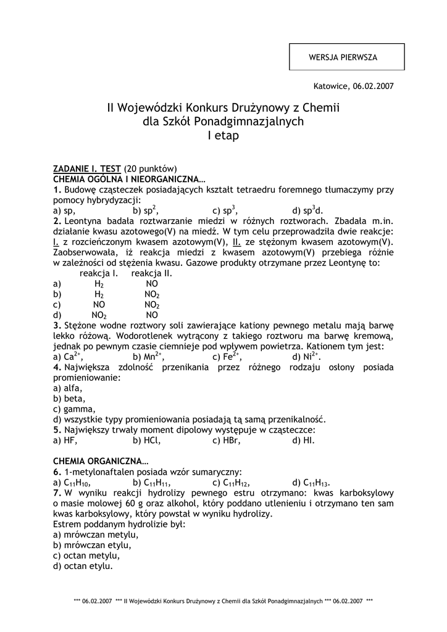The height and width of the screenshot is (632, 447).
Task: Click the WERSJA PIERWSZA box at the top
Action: click(x=346, y=57)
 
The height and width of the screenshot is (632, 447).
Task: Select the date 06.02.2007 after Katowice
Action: click(x=373, y=86)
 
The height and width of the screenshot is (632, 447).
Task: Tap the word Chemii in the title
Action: click(x=321, y=108)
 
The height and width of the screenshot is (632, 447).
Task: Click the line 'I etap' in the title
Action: click(x=223, y=136)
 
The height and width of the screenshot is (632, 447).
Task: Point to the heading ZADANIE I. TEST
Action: click(x=87, y=168)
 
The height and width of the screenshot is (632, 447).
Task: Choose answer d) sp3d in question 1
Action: click(x=307, y=210)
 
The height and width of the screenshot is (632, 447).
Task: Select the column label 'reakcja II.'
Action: click(x=152, y=273)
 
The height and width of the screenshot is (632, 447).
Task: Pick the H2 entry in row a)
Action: click(x=99, y=284)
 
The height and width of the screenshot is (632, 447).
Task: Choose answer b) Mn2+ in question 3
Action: click(x=148, y=357)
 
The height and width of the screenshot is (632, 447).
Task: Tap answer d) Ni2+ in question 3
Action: click(x=307, y=357)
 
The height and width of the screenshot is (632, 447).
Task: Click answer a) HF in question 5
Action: click(x=65, y=441)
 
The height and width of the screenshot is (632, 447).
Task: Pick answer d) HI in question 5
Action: click(x=304, y=441)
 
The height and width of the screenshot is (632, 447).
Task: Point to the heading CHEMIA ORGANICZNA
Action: click(x=101, y=460)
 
